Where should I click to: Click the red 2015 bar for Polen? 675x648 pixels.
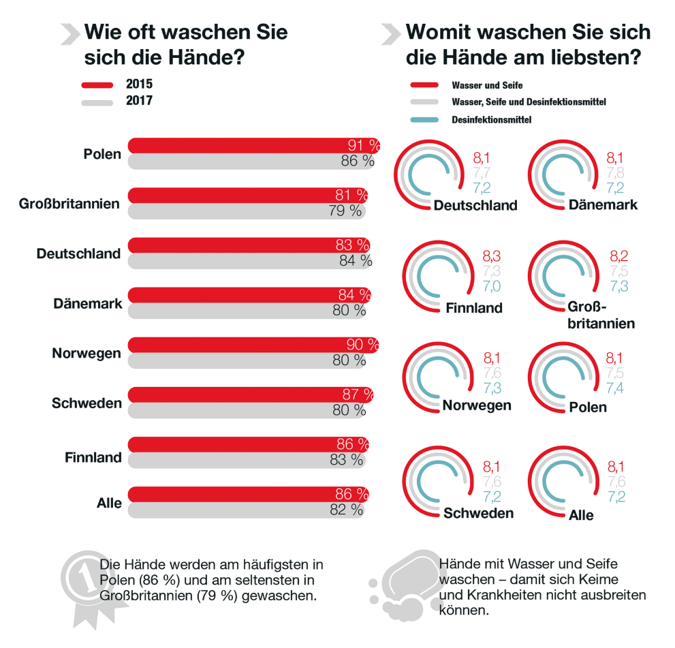[x=238, y=145]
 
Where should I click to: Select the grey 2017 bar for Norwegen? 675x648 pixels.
[x=232, y=360]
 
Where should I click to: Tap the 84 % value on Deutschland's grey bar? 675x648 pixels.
[x=356, y=260]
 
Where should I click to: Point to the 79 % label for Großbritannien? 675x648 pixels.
[x=345, y=211]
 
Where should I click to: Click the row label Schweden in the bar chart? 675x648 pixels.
[x=87, y=403]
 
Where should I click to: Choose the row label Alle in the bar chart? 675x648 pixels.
[x=109, y=504]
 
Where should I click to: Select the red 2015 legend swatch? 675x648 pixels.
[x=97, y=85]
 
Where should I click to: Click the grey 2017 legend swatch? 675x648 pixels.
[x=97, y=102]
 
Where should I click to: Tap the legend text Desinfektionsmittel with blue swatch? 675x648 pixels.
[x=491, y=120]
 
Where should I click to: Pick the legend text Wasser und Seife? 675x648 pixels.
[x=486, y=86]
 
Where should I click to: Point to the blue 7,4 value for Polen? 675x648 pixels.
[x=616, y=388]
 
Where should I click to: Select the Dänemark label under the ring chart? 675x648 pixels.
[x=603, y=204]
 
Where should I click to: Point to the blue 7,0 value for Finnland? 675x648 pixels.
[x=492, y=287]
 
